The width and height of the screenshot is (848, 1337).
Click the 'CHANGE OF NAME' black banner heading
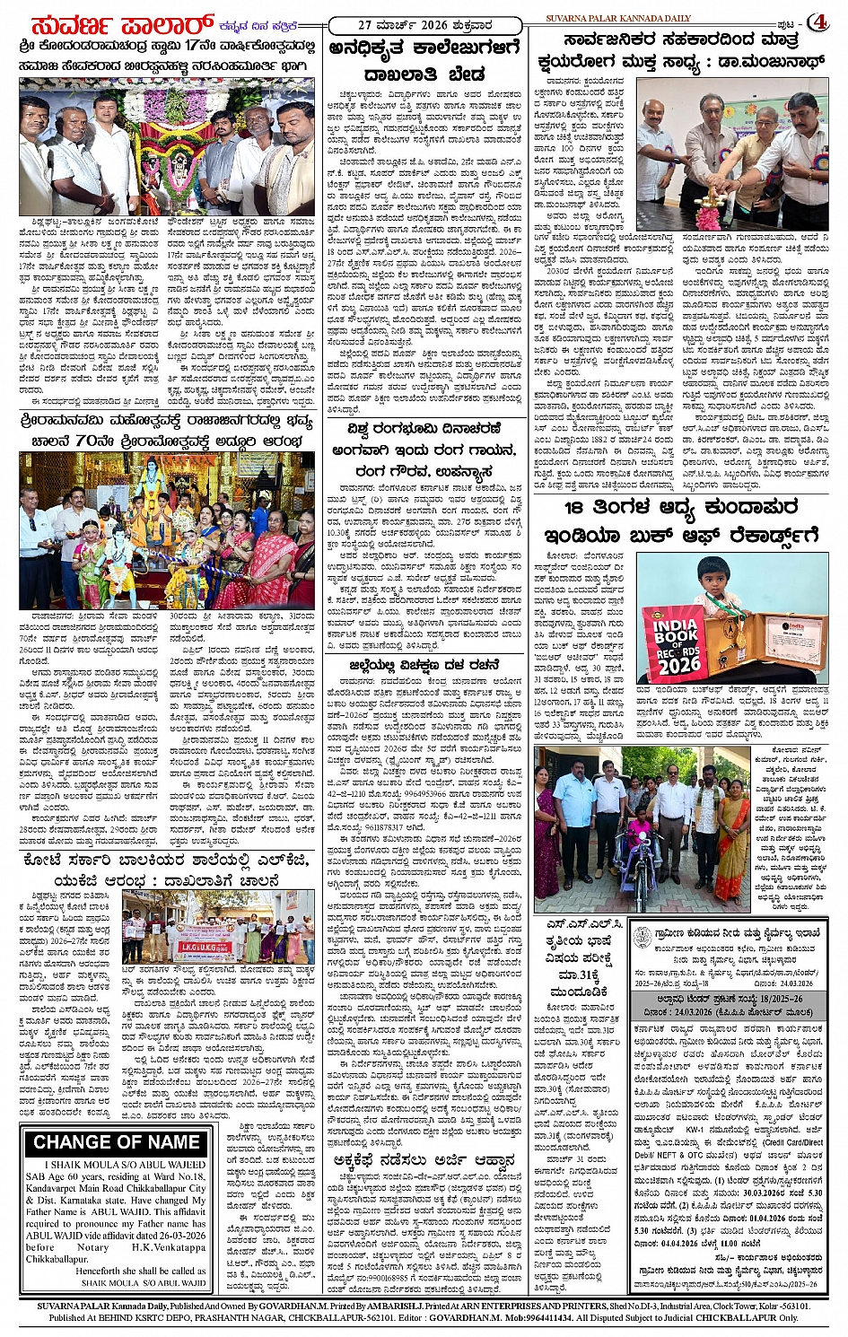point(118,1142)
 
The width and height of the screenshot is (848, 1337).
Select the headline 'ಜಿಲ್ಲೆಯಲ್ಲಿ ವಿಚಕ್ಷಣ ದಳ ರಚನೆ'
point(423,664)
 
